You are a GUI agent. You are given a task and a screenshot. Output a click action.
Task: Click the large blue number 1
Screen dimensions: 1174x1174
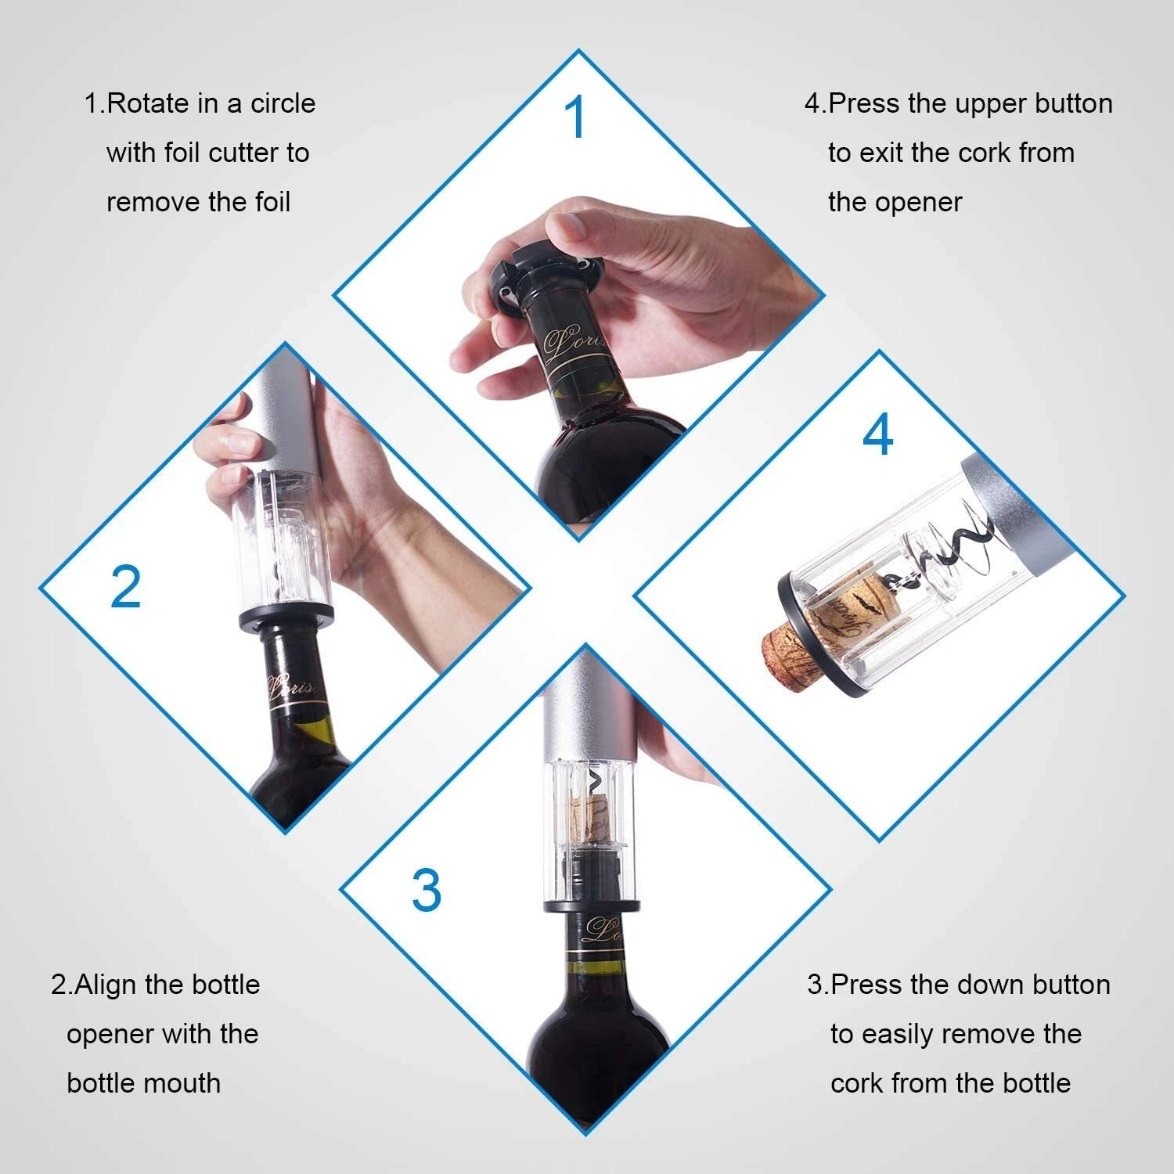575,118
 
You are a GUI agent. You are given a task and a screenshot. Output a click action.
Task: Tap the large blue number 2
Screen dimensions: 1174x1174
125,587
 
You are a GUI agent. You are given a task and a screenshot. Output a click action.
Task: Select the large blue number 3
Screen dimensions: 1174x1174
427,890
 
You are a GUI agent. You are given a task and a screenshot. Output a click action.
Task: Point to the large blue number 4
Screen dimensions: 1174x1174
877,435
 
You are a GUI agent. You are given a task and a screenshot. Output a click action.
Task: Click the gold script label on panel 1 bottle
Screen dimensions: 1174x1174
575,340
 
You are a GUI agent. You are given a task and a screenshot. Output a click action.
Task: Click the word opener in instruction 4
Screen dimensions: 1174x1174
918,202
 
